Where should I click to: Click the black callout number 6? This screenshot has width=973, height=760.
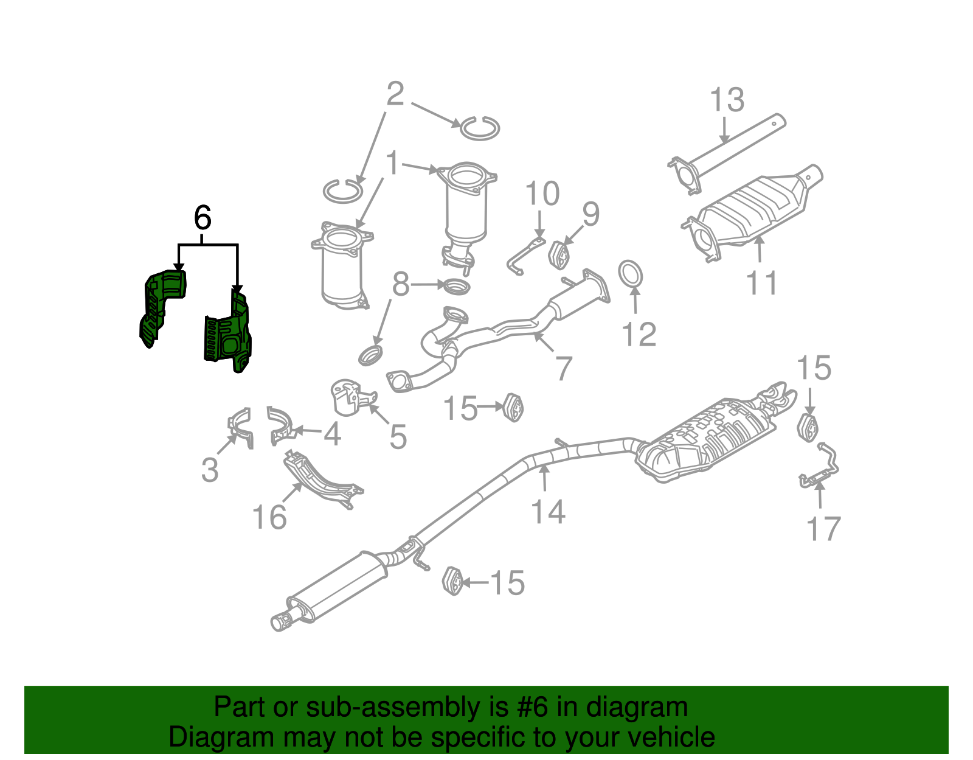point(203,217)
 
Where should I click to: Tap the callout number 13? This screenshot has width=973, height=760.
point(727,100)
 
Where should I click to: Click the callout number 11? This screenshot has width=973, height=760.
point(761,284)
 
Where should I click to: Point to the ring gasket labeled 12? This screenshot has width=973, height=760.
point(631,274)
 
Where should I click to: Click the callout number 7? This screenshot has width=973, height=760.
point(564,369)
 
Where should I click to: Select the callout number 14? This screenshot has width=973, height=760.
point(548,511)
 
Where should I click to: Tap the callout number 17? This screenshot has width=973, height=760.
point(823,529)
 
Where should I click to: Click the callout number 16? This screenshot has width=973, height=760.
point(269,518)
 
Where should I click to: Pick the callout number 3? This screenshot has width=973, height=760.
point(210,470)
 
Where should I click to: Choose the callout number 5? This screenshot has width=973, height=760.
point(398,437)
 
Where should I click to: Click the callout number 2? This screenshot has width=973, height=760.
point(395,95)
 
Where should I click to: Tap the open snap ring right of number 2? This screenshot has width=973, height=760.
point(480,128)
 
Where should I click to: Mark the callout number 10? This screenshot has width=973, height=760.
point(542,194)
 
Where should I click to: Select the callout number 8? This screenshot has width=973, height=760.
point(400,284)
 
